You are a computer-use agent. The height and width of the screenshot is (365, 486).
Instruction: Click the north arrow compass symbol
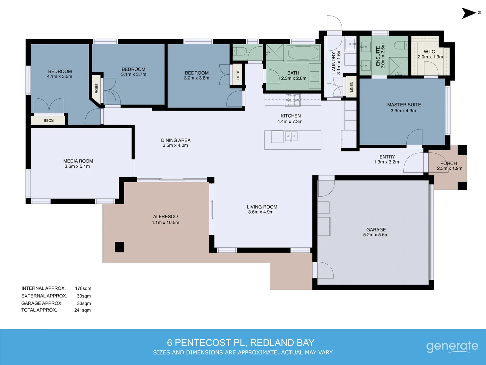469,13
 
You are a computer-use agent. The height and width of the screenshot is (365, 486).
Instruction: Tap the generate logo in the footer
452,346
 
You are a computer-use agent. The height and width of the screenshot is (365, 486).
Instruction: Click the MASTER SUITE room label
404,105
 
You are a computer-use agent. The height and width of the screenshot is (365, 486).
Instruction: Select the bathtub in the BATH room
303,53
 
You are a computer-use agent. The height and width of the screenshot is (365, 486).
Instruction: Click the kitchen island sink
291,137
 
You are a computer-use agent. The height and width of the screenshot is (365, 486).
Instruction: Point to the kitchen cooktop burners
293,100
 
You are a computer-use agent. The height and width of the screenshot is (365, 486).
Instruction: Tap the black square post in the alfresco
119,247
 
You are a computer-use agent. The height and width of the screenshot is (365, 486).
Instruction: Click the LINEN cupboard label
351,87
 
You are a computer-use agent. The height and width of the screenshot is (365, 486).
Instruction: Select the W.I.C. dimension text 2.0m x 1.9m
430,57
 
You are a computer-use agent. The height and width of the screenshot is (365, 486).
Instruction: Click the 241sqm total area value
83,310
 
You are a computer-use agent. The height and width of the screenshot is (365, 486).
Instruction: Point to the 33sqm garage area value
84,303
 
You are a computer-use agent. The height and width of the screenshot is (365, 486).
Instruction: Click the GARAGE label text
376,229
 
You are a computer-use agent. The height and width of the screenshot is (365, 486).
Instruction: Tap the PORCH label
449,163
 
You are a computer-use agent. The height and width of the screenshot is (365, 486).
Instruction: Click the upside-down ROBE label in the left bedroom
49,120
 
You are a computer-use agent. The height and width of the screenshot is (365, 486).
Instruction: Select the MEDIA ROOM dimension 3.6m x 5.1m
77,166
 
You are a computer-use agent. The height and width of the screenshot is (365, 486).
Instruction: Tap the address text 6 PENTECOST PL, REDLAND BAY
241,343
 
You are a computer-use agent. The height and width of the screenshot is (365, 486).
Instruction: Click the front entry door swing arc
413,163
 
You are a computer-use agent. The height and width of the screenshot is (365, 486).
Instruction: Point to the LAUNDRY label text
334,63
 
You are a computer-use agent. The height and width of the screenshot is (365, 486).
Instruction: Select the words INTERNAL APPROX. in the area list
44,288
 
